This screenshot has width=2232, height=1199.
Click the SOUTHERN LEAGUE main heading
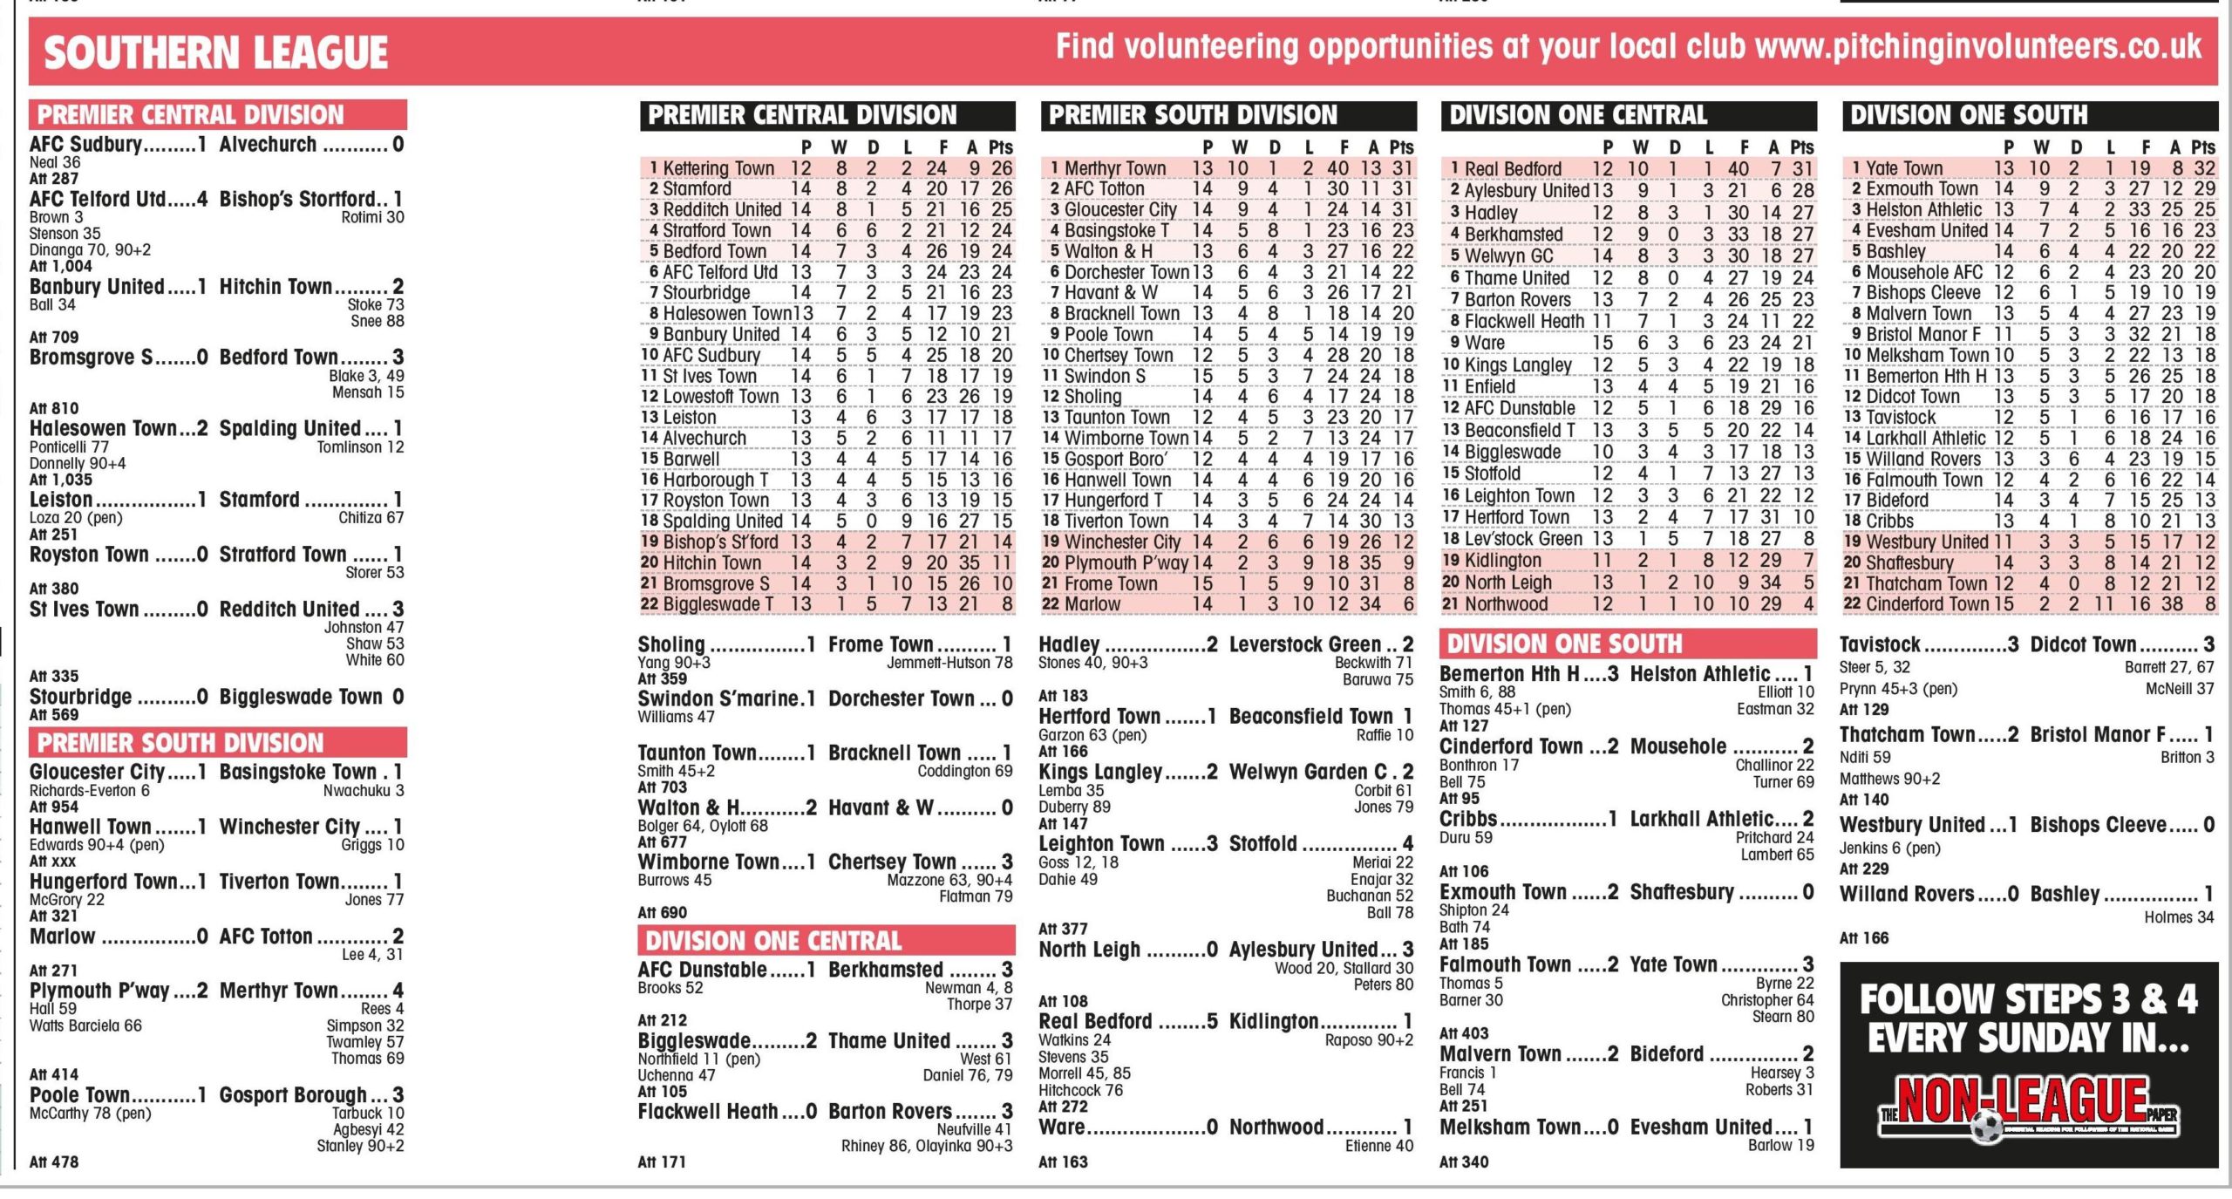point(215,52)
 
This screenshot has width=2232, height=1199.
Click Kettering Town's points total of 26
point(1002,168)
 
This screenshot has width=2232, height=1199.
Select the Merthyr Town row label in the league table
point(1114,168)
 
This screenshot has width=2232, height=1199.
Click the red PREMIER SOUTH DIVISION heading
point(180,743)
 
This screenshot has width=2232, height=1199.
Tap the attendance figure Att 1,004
point(60,266)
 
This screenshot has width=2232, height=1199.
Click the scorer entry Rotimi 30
point(372,217)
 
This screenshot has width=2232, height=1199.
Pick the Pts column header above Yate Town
point(2203,147)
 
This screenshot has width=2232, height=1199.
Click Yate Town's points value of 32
point(2205,168)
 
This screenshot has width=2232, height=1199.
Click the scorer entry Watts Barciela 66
point(85,1025)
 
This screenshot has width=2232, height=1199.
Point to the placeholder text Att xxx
point(53,861)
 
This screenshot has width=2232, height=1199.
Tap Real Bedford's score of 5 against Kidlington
point(1211,1021)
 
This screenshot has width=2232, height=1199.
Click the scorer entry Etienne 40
point(1378,1146)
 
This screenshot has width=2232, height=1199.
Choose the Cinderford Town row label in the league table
point(1927,604)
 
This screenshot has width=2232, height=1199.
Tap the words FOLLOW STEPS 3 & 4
point(2028,999)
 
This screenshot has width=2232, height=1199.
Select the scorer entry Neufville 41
point(974,1129)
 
